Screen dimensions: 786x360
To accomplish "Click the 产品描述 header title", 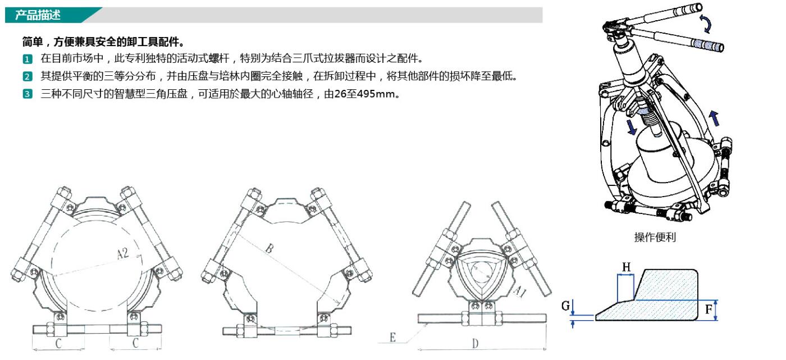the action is click(x=38, y=15).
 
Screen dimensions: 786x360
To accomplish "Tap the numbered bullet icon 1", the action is click(x=28, y=58).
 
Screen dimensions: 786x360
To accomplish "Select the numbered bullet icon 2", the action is click(x=28, y=76).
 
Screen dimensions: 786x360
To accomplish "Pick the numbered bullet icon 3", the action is click(x=28, y=94).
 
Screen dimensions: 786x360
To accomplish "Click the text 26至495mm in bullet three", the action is click(x=364, y=94).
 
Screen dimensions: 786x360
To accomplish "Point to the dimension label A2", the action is click(x=123, y=253).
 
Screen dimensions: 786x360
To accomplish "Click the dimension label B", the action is click(x=269, y=248).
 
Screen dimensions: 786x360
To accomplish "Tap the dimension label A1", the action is click(x=520, y=291).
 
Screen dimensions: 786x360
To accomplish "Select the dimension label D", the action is click(x=475, y=344).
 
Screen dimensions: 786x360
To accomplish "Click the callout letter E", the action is click(x=392, y=338).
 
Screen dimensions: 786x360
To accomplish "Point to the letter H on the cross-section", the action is click(x=627, y=267).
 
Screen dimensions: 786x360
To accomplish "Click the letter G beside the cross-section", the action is click(x=566, y=306).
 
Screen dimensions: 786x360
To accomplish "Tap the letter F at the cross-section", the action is click(x=709, y=309).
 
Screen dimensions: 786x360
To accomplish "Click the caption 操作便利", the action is click(x=655, y=237).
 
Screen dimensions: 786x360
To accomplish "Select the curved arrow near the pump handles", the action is click(x=706, y=24).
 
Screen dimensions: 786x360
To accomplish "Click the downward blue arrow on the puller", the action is click(x=632, y=127).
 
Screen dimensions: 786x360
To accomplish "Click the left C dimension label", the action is click(x=58, y=343).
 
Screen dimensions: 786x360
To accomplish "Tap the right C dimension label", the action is click(x=135, y=343).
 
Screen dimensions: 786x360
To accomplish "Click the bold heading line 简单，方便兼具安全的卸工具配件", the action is click(x=103, y=42).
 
